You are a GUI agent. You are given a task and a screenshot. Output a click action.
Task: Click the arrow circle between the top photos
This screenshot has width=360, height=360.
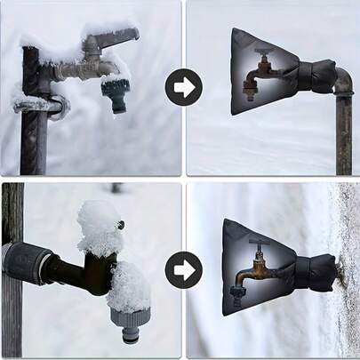click(x=184, y=87)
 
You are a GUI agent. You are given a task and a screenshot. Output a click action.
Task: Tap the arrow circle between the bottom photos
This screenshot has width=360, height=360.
click(x=184, y=268)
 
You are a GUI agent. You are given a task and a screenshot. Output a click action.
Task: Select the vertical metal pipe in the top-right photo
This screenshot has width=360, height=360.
click(x=344, y=133)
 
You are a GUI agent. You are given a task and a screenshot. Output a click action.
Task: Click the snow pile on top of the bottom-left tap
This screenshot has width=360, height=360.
click(x=99, y=227)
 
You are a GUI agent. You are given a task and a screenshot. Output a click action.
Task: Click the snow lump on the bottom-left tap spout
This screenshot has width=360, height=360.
click(x=130, y=287)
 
